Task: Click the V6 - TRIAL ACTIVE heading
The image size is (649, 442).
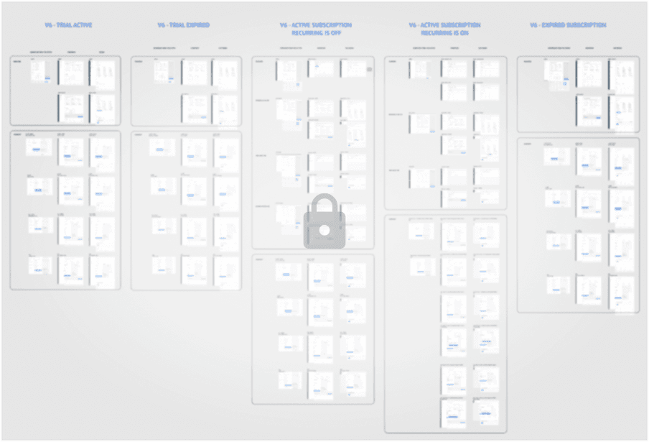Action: [x=68, y=25]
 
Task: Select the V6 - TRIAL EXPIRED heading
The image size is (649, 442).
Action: [x=184, y=25]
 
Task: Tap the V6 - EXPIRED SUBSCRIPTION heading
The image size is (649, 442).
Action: [x=568, y=25]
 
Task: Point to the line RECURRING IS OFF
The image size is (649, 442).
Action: [x=316, y=33]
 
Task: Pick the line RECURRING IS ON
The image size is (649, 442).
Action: [x=445, y=33]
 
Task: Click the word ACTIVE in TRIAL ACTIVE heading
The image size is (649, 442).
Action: [x=81, y=25]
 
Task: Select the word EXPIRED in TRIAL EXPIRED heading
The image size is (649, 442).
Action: [x=195, y=25]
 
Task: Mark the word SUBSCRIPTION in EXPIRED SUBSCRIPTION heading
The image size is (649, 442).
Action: [x=584, y=25]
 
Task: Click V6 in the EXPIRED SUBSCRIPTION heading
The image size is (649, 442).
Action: [x=534, y=25]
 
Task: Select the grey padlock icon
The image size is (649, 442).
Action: [x=324, y=221]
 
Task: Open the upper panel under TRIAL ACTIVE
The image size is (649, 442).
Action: [x=65, y=91]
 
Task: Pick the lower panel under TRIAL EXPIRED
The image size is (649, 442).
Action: [x=186, y=210]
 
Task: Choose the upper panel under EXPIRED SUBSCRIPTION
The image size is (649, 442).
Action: [x=578, y=94]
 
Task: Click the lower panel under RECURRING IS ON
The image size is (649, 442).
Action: [x=446, y=323]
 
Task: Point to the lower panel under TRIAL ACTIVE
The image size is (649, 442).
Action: [x=65, y=210]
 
